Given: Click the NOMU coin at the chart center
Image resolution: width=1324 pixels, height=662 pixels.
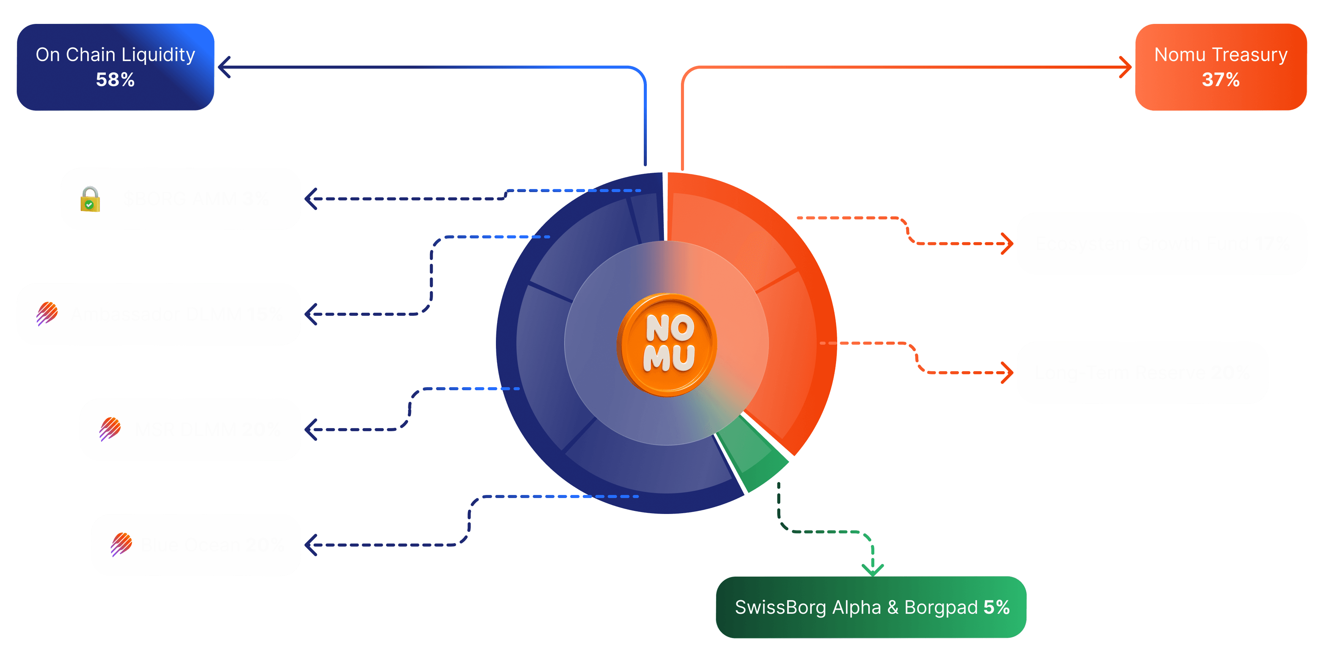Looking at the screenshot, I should click(667, 344).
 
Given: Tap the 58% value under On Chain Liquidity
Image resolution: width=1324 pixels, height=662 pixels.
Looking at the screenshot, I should click(115, 80).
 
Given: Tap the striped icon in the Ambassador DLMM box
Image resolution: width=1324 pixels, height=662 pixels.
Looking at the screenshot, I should click(47, 313).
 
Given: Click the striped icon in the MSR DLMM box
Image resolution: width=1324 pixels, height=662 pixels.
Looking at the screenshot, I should click(110, 429).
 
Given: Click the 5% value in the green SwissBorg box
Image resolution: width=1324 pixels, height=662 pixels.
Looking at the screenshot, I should click(996, 607).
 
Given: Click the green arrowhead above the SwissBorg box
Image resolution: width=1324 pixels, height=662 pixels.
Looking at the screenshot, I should click(872, 569).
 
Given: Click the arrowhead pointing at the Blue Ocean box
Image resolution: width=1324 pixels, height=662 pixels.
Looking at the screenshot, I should click(311, 545).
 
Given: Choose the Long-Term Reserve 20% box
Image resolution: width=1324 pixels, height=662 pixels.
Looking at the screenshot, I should click(1142, 372).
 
